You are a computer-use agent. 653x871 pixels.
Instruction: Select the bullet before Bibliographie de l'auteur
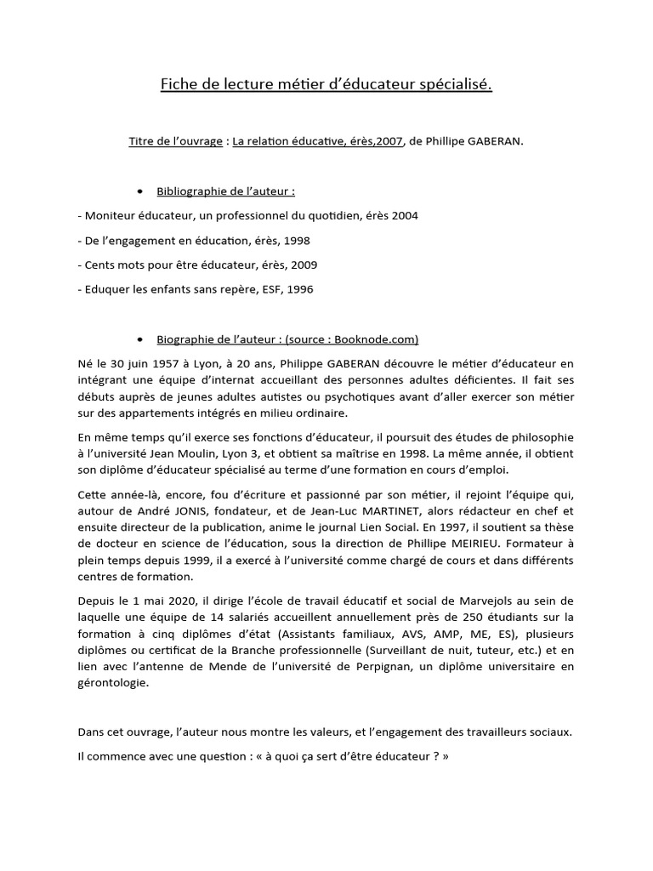[x=139, y=191]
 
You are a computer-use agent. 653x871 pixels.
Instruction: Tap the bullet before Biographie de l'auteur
[x=139, y=339]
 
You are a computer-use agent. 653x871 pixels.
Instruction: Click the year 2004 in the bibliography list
[x=404, y=215]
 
